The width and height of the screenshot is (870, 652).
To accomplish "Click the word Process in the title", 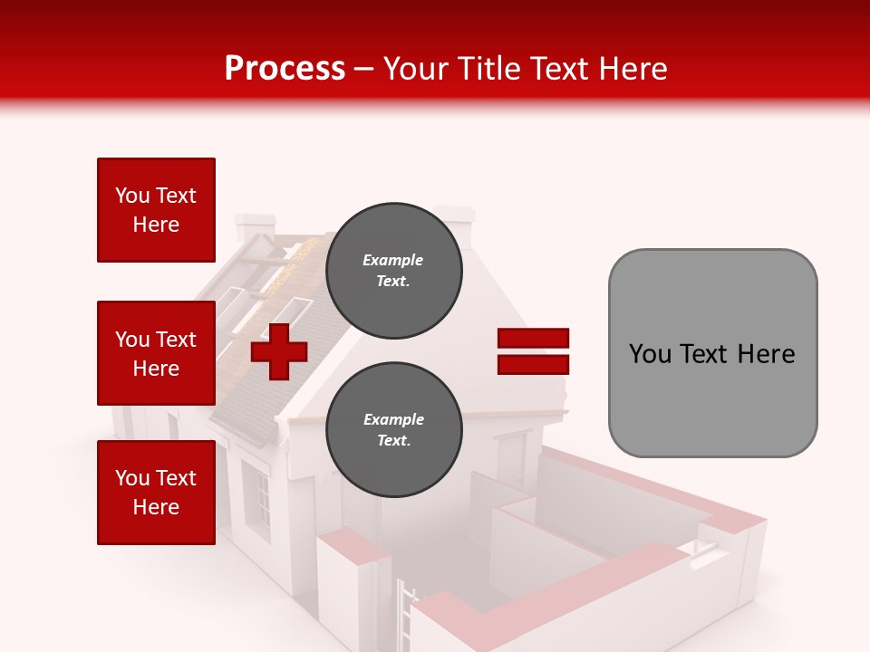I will pos(285,69).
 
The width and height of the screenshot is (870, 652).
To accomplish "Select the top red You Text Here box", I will pos(156,210).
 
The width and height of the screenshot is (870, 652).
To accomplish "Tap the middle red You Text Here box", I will pos(156,353).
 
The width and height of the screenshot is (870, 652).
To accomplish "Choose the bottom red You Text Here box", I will pos(156,493).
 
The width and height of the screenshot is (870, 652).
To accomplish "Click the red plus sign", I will pos(279,351).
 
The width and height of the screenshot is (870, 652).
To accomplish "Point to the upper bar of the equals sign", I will pos(534,338).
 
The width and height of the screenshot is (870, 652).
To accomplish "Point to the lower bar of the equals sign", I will pos(534,365).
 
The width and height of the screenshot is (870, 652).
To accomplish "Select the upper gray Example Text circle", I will pos(393,270).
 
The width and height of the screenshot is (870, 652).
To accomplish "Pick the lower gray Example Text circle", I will pos(393,429).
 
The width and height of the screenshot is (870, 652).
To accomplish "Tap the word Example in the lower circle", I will pos(393,419).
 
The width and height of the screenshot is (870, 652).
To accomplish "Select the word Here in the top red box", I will pos(156,225).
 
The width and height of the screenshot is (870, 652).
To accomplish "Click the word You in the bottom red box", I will pos(132,478).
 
